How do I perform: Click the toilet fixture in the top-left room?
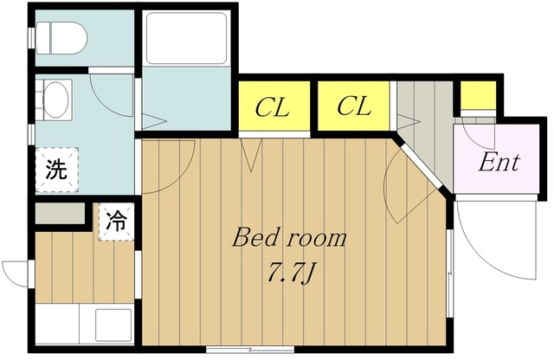(66, 37)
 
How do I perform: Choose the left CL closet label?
(271, 107)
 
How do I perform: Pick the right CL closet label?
(353, 107)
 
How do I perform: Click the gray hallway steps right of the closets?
(422, 112)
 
